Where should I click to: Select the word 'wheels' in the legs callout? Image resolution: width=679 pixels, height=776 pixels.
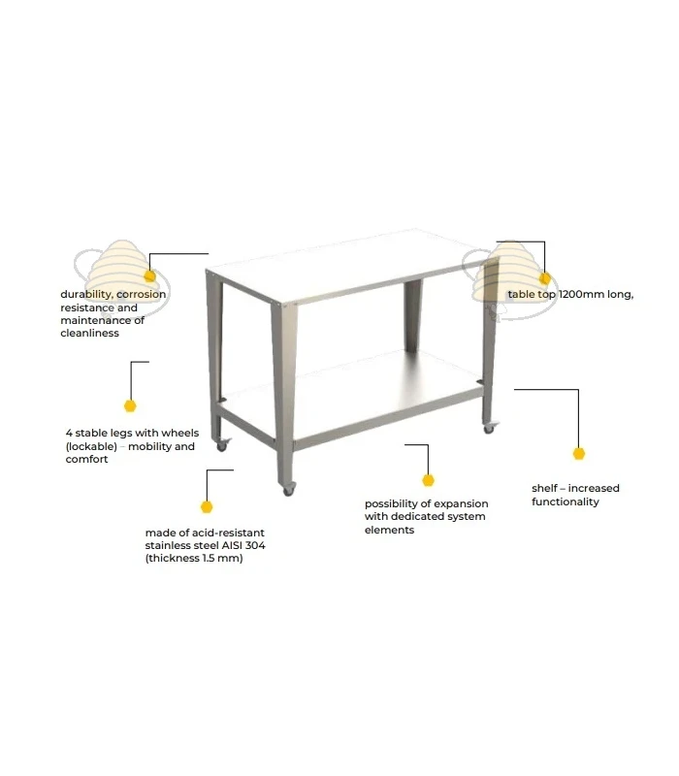click(x=180, y=433)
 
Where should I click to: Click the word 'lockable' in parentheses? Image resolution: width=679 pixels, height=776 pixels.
click(x=91, y=446)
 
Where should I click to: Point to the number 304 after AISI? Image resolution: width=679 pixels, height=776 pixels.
click(x=255, y=545)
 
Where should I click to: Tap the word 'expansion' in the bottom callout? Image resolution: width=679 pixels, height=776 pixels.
click(x=462, y=503)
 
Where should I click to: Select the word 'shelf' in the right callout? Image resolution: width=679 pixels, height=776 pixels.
click(x=545, y=488)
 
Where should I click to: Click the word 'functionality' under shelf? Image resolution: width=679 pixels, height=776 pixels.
click(x=566, y=501)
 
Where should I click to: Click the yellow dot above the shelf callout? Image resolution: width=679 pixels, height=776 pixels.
click(x=579, y=453)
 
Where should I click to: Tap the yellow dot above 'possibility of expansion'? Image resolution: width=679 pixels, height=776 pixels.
click(x=428, y=480)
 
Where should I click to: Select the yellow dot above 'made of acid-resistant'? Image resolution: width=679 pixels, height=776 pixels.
click(x=207, y=506)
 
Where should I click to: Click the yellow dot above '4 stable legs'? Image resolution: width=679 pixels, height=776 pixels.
click(x=130, y=405)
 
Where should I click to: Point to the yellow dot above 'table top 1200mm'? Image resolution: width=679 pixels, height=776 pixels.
click(x=545, y=278)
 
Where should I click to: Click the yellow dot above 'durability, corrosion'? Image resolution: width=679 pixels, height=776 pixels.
click(x=150, y=276)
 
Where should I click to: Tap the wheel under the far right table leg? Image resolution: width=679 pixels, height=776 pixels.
click(x=489, y=429)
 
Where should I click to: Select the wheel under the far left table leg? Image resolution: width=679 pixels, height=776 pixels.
click(x=222, y=446)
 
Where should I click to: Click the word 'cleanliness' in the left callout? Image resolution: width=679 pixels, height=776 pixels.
click(x=89, y=333)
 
